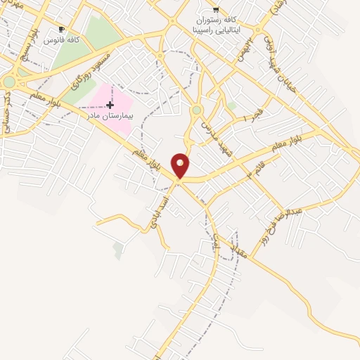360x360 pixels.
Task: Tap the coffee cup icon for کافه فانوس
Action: click(x=61, y=29)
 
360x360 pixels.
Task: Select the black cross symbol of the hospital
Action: click(x=110, y=104)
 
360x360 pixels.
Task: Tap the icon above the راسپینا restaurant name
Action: click(x=216, y=10)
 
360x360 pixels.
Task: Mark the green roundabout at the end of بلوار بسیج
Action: click(x=8, y=82)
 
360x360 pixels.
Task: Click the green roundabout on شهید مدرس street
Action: click(x=197, y=110)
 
